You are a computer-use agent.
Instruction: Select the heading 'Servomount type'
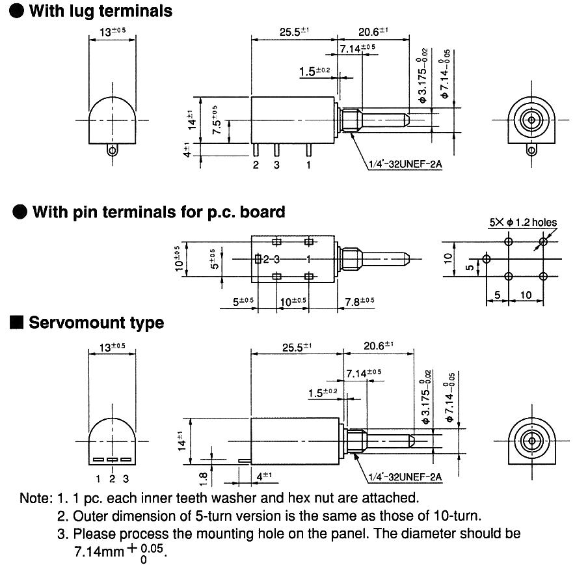coord(96,323)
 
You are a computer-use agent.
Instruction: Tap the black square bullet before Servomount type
coord(18,323)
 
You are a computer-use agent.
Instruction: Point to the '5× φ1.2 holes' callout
coord(523,223)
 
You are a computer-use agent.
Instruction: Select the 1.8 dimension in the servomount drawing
coord(203,478)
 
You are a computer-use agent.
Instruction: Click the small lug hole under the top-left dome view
coord(113,150)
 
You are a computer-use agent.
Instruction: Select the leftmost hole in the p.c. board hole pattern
coord(485,258)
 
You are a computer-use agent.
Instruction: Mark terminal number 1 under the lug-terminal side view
coord(308,165)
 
